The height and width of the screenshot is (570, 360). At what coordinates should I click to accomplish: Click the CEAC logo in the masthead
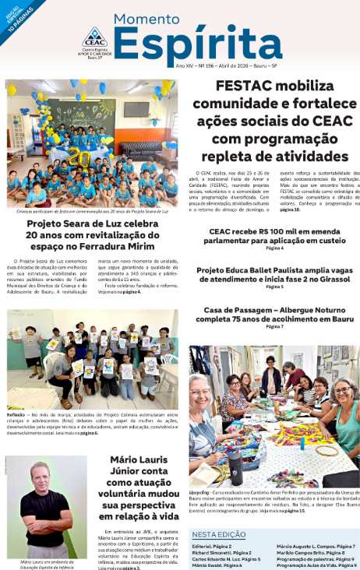coord(94,37)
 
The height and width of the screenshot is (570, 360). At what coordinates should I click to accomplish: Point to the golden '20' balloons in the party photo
coord(78,157)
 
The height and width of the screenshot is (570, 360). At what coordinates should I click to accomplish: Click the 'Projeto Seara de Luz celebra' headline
coord(93,223)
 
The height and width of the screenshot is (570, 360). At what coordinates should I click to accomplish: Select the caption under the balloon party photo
coord(93,210)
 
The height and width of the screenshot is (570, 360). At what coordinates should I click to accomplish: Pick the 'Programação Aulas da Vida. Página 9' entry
coord(315,565)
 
